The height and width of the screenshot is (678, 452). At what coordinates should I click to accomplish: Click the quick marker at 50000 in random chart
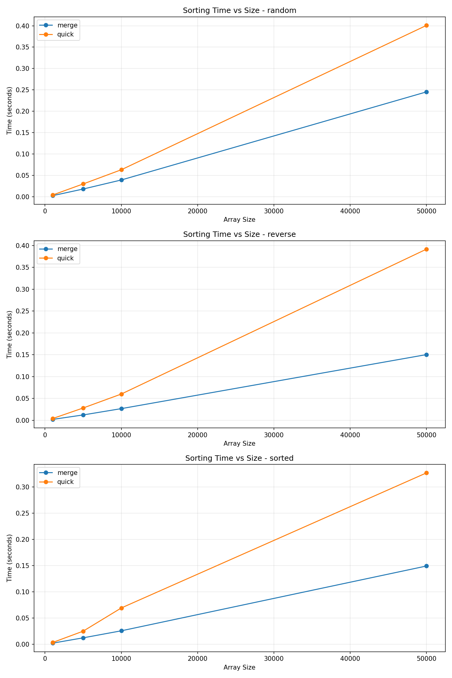pos(426,26)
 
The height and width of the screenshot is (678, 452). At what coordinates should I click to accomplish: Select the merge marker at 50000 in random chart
pos(426,92)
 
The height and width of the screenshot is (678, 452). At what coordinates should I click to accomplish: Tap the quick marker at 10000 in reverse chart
pos(121,394)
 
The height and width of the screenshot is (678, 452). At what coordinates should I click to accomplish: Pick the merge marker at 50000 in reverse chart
pos(426,355)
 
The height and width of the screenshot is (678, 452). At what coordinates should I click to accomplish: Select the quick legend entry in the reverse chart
pos(65,258)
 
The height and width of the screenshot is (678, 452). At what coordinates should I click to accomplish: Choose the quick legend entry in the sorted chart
pos(65,482)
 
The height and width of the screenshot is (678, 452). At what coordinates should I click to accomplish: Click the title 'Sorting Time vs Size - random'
pos(240,11)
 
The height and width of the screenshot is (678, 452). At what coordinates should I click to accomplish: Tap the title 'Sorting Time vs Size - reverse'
pos(240,234)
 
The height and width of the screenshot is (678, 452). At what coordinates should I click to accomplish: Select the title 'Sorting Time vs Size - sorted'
pos(240,458)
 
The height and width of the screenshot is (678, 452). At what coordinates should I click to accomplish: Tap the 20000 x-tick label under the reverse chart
pos(197,435)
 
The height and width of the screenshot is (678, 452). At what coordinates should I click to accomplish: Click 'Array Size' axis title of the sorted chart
pos(240,667)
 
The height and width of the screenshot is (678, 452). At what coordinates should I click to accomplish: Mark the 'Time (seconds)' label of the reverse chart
pos(10,334)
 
